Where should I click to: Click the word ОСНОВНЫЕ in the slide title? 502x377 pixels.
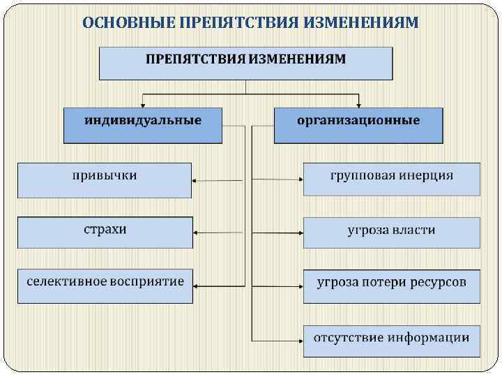(x=128, y=23)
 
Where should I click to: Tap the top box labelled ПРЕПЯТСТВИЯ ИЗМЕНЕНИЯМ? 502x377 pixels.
(x=245, y=62)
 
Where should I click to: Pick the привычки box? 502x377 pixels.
(x=105, y=179)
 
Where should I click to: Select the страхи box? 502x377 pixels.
(x=105, y=232)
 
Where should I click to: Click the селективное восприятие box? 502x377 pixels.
(x=105, y=285)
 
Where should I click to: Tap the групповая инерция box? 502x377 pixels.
(x=391, y=179)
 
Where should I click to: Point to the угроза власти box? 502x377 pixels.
(x=391, y=232)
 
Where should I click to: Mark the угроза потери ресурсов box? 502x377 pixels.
(x=391, y=286)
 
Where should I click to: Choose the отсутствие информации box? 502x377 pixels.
(x=391, y=341)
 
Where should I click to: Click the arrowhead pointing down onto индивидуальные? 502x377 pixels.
(x=143, y=103)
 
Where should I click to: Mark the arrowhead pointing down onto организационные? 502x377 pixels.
(x=358, y=103)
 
